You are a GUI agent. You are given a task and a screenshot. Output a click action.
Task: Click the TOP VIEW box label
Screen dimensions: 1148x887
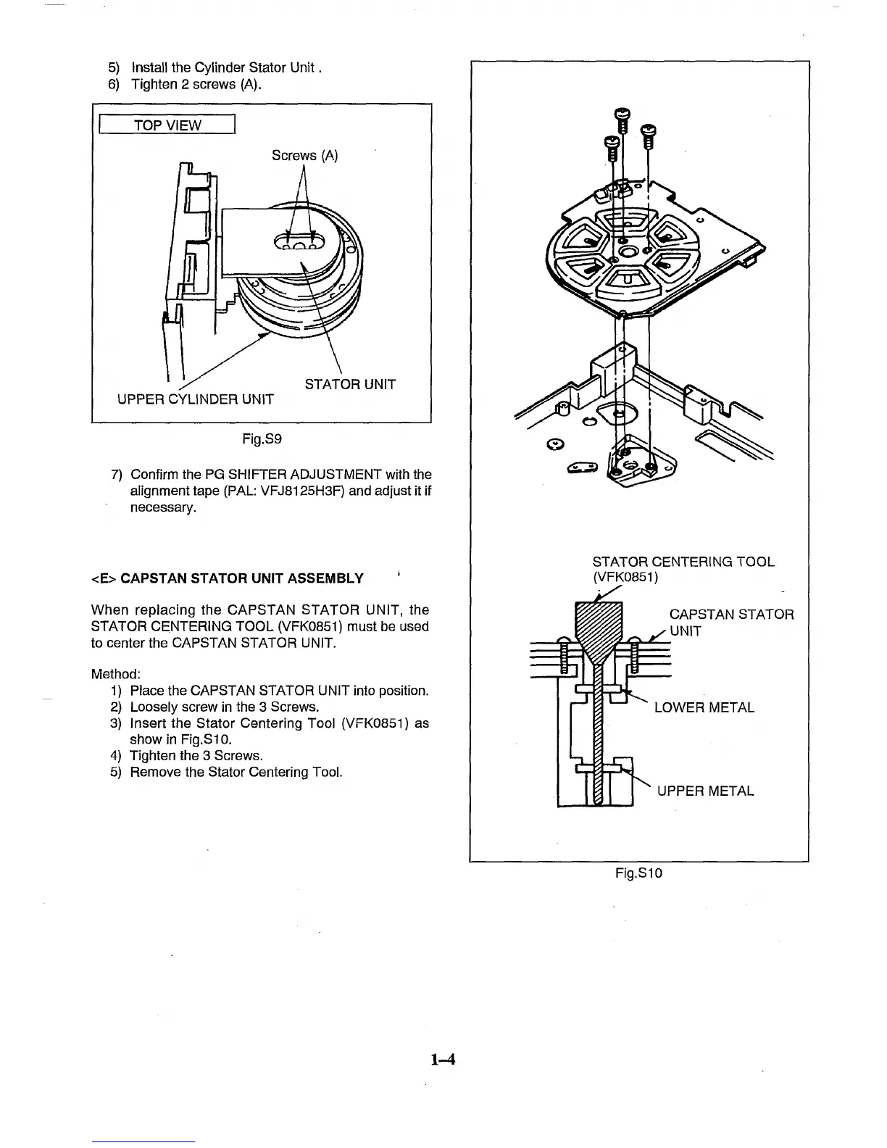point(166,125)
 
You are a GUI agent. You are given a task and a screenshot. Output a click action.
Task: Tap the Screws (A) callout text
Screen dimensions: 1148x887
point(304,156)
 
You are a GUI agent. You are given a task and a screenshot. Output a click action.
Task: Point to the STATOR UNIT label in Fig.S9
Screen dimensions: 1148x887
point(350,384)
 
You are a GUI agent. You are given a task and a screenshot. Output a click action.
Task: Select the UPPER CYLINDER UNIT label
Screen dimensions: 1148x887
point(196,399)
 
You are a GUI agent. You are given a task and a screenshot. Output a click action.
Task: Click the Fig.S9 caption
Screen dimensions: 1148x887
point(262,438)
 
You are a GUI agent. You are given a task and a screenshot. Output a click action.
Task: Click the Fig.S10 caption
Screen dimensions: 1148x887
point(638,873)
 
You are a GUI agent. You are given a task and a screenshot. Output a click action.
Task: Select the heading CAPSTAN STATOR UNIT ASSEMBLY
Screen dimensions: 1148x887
point(241,578)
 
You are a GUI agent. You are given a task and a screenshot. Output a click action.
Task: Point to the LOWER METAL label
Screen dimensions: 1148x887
point(704,707)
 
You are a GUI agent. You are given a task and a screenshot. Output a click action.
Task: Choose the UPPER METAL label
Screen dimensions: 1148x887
point(705,791)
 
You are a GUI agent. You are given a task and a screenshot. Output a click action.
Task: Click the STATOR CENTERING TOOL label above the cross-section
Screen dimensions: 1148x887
point(683,562)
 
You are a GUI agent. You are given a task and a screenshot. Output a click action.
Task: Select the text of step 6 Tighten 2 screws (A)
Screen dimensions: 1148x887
point(196,84)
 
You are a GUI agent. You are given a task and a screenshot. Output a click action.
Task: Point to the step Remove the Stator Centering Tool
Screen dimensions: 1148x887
point(236,772)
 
